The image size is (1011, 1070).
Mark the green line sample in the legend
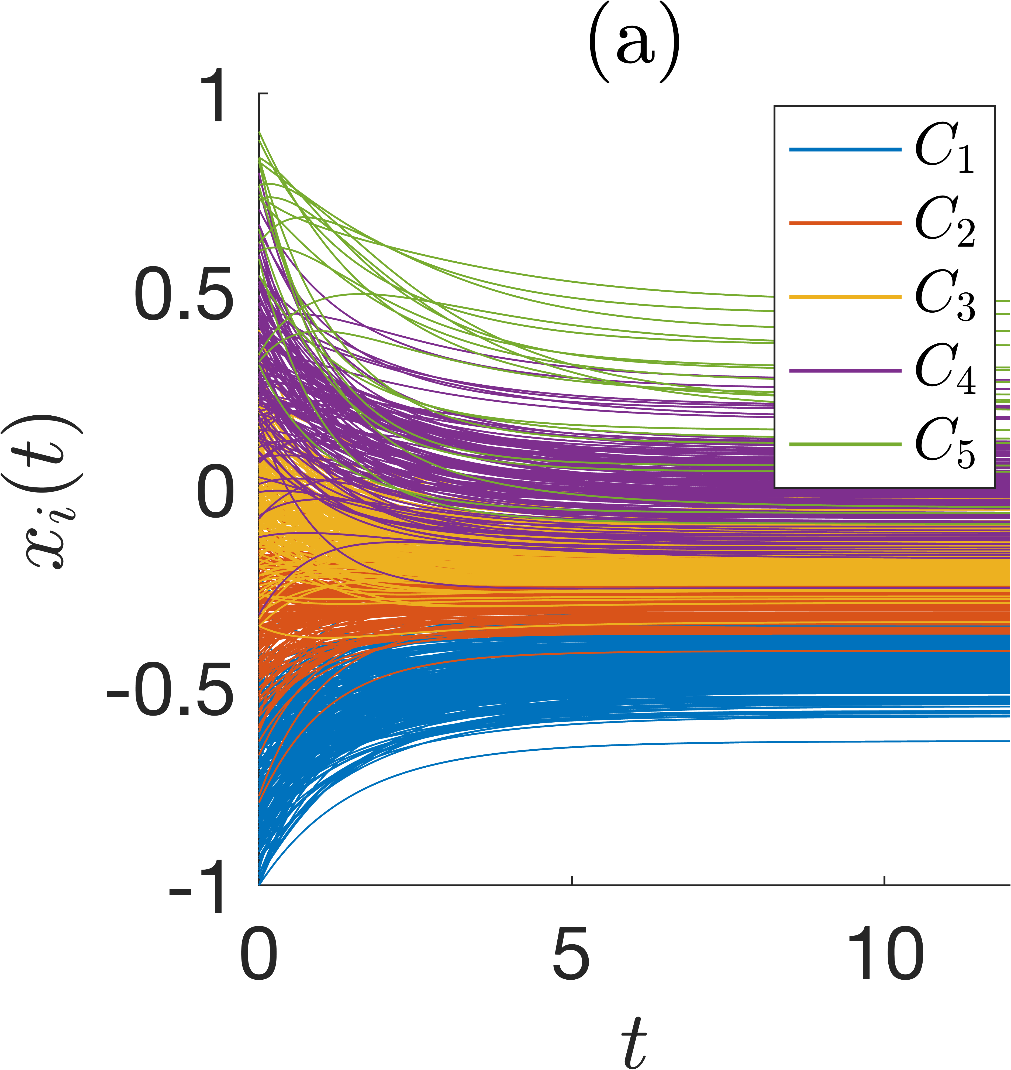pos(845,445)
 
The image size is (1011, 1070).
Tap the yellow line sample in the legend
pos(845,297)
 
